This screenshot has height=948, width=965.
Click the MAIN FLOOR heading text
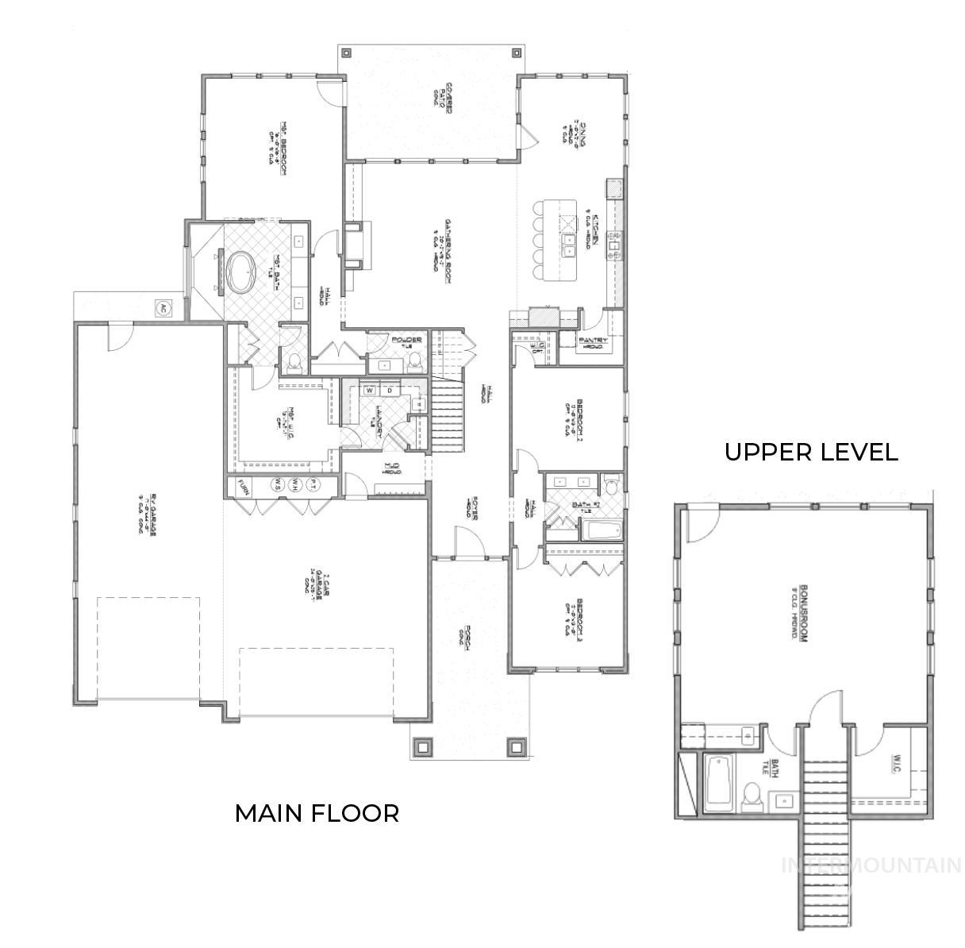click(317, 813)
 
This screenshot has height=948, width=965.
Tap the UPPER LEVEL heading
click(811, 453)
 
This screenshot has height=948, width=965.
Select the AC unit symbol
click(163, 308)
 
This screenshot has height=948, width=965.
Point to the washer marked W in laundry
click(370, 390)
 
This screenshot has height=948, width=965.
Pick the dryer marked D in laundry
click(390, 390)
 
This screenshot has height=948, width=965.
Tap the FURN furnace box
click(244, 485)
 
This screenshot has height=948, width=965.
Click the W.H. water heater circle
click(295, 484)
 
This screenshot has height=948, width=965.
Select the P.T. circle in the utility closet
click(314, 484)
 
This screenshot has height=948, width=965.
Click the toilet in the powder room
click(414, 362)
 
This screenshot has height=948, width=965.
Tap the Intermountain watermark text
click(871, 865)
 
